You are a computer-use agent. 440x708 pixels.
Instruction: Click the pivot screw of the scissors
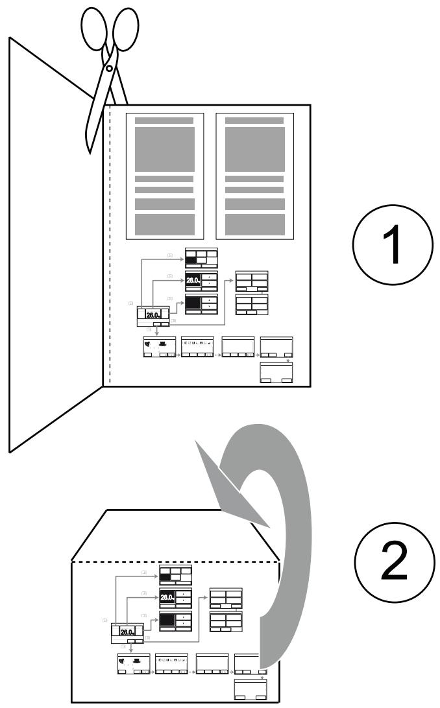[109, 67]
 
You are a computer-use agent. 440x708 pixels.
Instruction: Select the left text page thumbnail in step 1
[164, 176]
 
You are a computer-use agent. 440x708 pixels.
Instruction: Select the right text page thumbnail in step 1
[254, 176]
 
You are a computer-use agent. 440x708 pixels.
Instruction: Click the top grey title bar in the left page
[164, 121]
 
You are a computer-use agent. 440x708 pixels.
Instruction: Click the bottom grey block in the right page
[254, 224]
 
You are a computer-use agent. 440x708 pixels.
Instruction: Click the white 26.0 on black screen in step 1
[193, 280]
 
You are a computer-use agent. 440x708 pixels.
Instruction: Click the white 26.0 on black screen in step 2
[167, 597]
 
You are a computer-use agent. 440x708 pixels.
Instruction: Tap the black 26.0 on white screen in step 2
[127, 632]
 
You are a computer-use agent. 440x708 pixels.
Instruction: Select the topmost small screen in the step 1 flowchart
[201, 257]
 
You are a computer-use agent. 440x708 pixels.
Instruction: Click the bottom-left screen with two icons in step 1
[159, 346]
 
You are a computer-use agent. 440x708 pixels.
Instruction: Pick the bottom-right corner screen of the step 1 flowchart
[276, 373]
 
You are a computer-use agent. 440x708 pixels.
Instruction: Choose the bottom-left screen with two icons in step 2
[133, 663]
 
